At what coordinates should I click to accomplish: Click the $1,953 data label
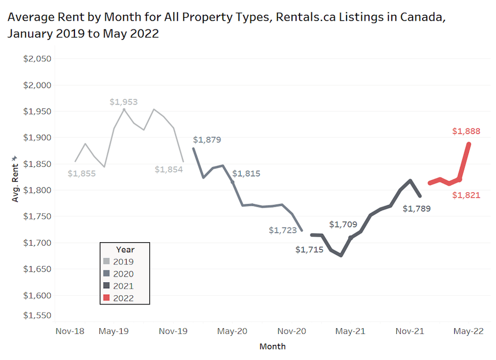pyautogui.click(x=123, y=102)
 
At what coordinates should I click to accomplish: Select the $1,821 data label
pyautogui.click(x=466, y=195)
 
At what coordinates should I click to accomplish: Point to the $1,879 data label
pyautogui.click(x=207, y=140)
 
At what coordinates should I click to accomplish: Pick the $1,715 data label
pyautogui.click(x=309, y=249)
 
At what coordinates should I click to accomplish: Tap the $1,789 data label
pyautogui.click(x=417, y=208)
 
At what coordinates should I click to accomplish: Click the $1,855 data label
pyautogui.click(x=81, y=173)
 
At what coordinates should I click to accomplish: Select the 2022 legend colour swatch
pyautogui.click(x=107, y=298)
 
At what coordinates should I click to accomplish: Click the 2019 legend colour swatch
pyautogui.click(x=107, y=262)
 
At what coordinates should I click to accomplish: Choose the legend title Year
pyautogui.click(x=125, y=249)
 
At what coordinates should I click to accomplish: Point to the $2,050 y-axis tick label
pyautogui.click(x=37, y=59)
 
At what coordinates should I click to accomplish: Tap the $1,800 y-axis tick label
pyautogui.click(x=37, y=190)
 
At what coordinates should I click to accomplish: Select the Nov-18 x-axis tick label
pyautogui.click(x=70, y=331)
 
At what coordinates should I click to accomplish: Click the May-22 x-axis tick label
pyautogui.click(x=468, y=331)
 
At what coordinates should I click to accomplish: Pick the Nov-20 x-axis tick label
pyautogui.click(x=293, y=331)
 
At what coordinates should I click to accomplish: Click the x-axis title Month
pyautogui.click(x=272, y=346)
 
